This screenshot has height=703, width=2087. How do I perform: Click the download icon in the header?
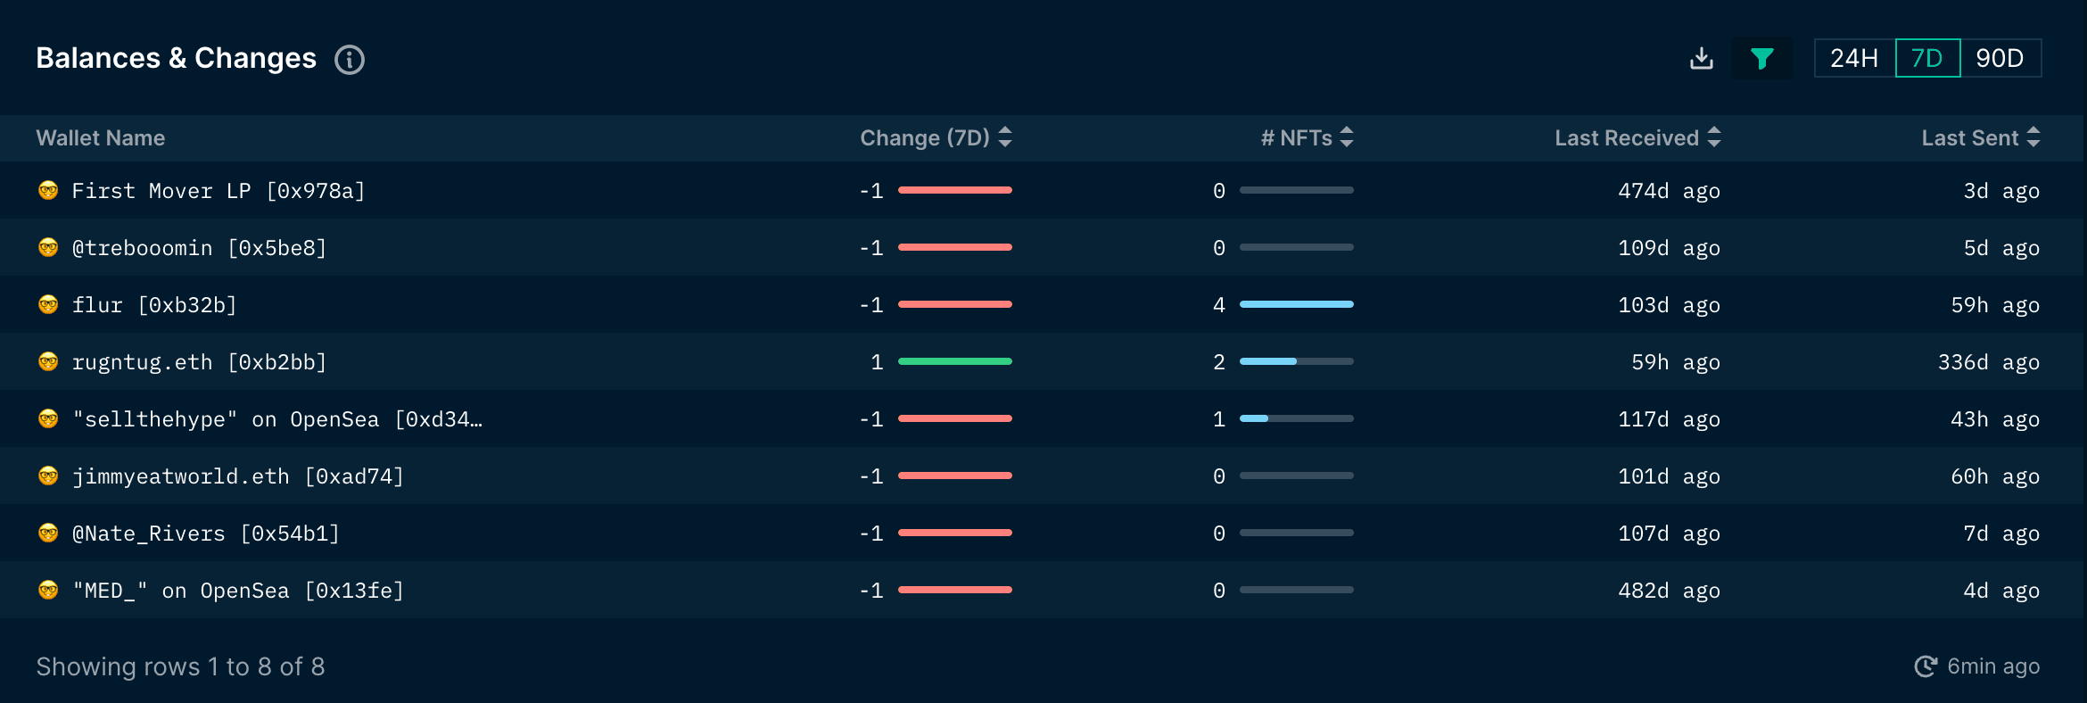point(1701,59)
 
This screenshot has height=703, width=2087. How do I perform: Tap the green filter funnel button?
point(1761,59)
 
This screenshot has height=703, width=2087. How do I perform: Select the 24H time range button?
point(1854,59)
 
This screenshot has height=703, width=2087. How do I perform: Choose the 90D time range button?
point(2000,59)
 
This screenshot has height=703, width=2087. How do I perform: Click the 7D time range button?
point(1927,59)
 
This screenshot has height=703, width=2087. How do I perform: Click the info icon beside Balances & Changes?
point(349,60)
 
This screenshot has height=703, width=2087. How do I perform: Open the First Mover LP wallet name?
point(219,191)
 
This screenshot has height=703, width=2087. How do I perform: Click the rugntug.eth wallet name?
point(199,362)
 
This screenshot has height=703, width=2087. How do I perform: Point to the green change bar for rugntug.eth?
point(954,361)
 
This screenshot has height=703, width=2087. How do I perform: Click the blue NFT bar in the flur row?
point(1296,304)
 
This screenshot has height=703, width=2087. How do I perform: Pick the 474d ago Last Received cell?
point(1669,191)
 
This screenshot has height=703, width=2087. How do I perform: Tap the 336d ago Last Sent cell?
point(1988,362)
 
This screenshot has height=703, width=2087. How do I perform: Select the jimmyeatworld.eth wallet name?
point(237,476)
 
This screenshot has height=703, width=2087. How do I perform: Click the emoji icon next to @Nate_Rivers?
point(48,533)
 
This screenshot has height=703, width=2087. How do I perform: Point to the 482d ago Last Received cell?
point(1669,591)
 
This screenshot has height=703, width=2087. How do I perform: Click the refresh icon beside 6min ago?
point(1926,666)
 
